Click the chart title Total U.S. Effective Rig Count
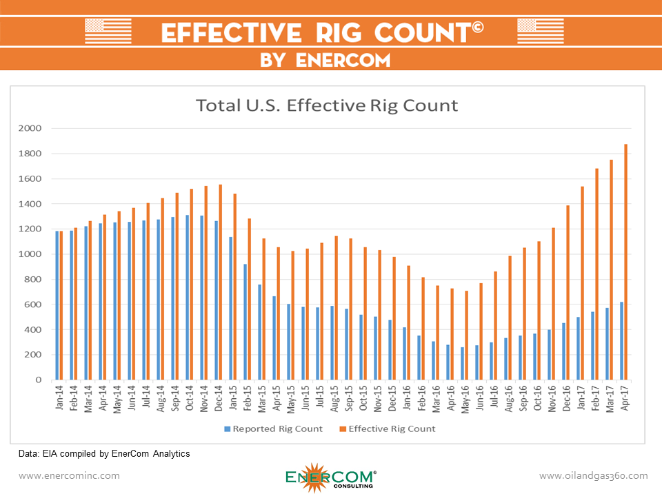pyautogui.click(x=327, y=105)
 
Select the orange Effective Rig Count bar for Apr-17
pyautogui.click(x=626, y=262)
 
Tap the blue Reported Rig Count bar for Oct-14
pyautogui.click(x=187, y=298)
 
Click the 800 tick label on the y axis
pyautogui.click(x=34, y=279)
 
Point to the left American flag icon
pyautogui.click(x=108, y=31)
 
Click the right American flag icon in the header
pyautogui.click(x=540, y=31)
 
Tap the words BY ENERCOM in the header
pyautogui.click(x=325, y=60)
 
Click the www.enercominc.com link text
pyautogui.click(x=69, y=475)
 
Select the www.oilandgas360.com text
pyautogui.click(x=593, y=475)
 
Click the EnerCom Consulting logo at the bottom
pyautogui.click(x=330, y=476)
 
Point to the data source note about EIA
pyautogui.click(x=104, y=453)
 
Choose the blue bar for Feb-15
pyautogui.click(x=245, y=322)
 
